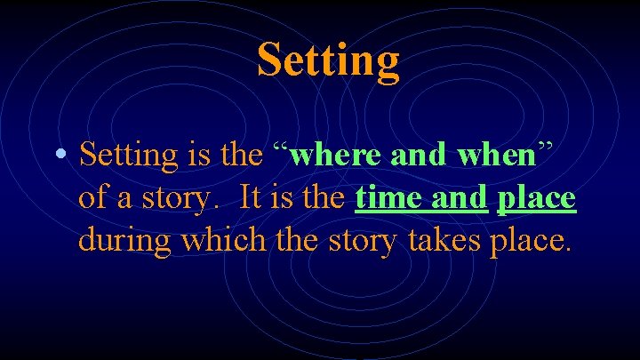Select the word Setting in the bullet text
pos(128,156)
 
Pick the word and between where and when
pos(418,155)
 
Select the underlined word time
pos(388,197)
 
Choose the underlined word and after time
pos(460,197)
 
